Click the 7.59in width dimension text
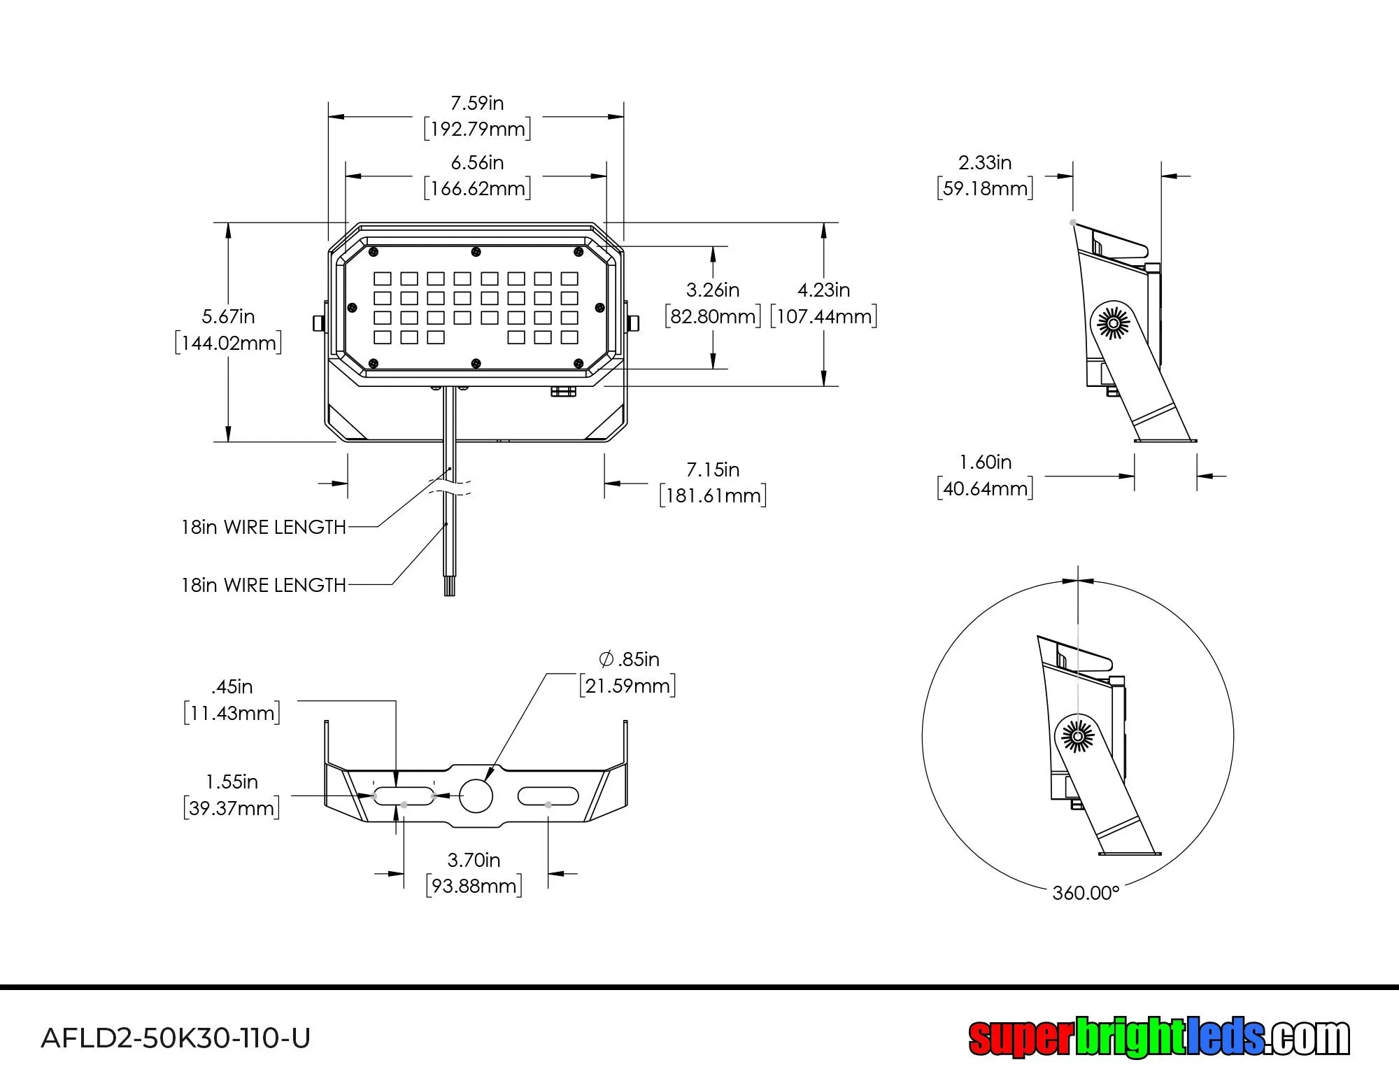477,104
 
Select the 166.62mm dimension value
477,188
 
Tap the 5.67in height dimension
228,316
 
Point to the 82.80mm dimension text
712,316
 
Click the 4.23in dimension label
823,290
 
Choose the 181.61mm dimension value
713,495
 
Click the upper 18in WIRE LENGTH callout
264,527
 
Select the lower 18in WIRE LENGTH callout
264,585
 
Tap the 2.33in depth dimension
984,162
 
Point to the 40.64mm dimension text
985,488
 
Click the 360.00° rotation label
1086,893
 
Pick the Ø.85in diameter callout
629,659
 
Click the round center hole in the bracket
476,796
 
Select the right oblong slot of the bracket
548,796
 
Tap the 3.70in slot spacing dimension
474,860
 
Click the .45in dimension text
232,686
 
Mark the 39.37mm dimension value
232,808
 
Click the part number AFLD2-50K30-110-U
176,1038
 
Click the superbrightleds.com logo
1158,1037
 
